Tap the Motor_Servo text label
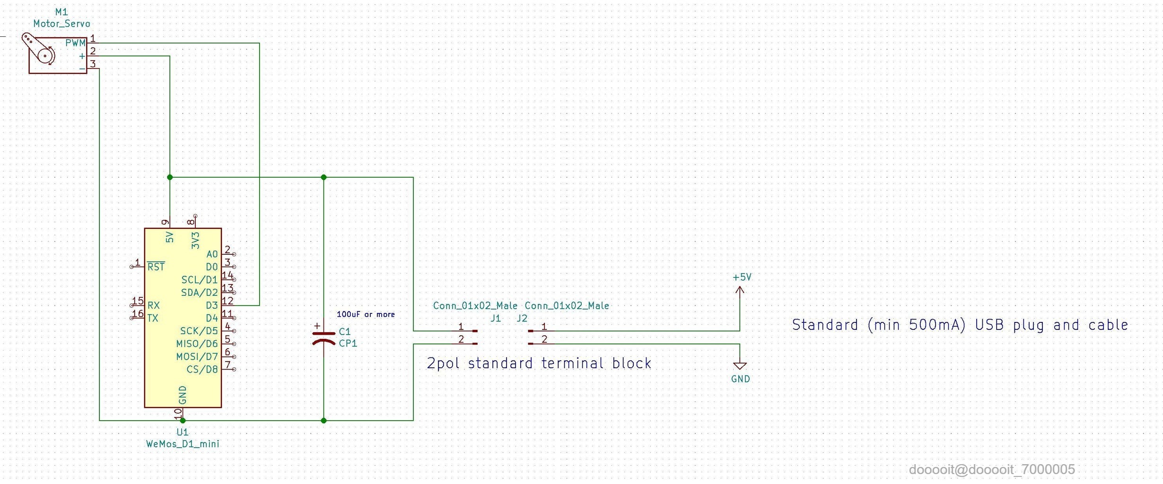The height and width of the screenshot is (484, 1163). (61, 24)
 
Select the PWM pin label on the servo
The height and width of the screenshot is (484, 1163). (75, 43)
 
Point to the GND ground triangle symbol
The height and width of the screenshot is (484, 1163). (740, 365)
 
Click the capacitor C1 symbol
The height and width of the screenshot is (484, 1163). (324, 337)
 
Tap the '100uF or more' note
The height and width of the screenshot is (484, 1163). (366, 314)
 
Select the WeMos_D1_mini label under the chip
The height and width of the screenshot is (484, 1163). (183, 444)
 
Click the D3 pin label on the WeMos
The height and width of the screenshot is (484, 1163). (211, 305)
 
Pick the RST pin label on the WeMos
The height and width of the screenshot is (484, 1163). (156, 267)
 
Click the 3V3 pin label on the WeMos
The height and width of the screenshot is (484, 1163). (195, 241)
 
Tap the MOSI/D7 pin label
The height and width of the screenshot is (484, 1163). (197, 356)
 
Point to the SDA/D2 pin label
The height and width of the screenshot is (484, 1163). (199, 293)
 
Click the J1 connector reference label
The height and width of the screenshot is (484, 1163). (495, 318)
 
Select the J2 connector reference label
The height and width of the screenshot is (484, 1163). (522, 318)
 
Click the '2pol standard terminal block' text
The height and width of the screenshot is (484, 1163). (539, 363)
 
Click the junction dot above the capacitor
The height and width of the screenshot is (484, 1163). (324, 177)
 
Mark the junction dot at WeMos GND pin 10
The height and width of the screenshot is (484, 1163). (183, 420)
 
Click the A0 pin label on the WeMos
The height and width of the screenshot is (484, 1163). (212, 254)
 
